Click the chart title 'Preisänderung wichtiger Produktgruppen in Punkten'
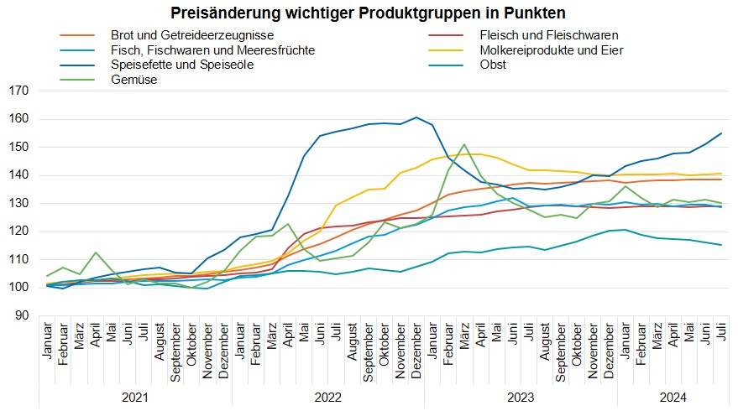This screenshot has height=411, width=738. pyautogui.click(x=368, y=13)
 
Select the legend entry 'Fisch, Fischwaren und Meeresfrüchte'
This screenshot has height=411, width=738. pyautogui.click(x=212, y=50)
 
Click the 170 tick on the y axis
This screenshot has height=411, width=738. pyautogui.click(x=18, y=91)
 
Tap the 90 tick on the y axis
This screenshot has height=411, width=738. pyautogui.click(x=22, y=315)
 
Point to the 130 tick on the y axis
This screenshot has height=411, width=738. pyautogui.click(x=18, y=203)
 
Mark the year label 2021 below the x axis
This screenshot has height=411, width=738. pyautogui.click(x=135, y=396)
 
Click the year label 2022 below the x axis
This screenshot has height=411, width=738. pyautogui.click(x=330, y=396)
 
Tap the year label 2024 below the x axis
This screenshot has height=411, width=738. pyautogui.click(x=671, y=396)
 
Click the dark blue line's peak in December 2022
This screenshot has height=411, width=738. pyautogui.click(x=416, y=117)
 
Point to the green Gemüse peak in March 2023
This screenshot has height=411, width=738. pyautogui.click(x=464, y=144)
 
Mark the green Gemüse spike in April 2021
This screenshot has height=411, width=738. pyautogui.click(x=96, y=252)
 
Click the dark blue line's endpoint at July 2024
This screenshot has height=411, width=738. pyautogui.click(x=721, y=133)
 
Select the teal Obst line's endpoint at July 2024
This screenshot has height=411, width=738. pyautogui.click(x=721, y=245)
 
